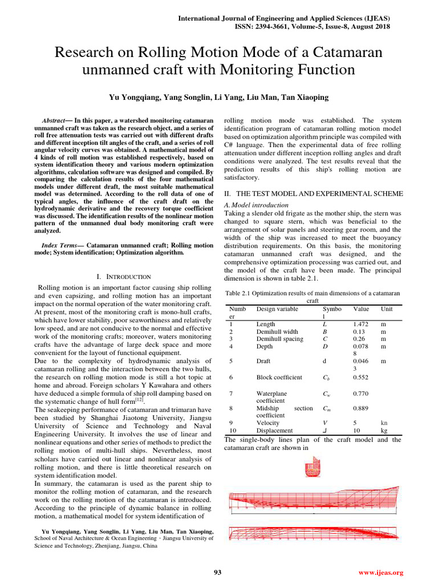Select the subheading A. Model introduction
coord(256,205)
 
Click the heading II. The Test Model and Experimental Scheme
coord(313,194)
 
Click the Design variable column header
coord(277,309)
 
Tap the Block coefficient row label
coord(279,377)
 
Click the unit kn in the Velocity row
coord(384,423)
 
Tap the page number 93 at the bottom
coord(217,573)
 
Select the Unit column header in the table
coord(387,309)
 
